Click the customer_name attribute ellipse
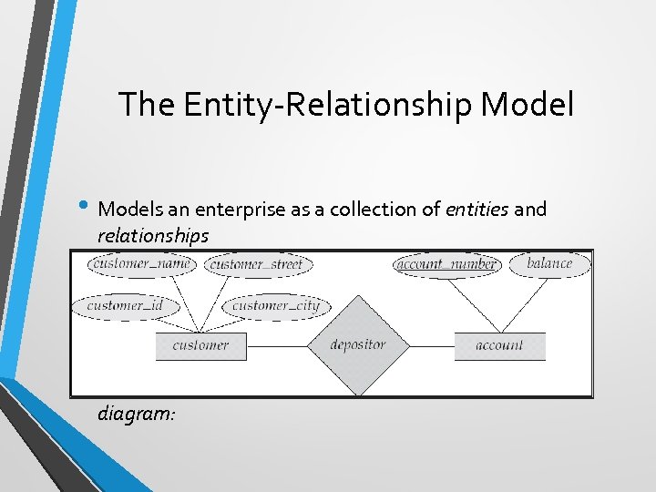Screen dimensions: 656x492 (x=140, y=264)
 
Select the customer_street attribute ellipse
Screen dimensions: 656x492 (x=259, y=265)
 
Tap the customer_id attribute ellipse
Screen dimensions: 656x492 (x=125, y=305)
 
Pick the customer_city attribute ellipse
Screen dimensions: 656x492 (x=276, y=305)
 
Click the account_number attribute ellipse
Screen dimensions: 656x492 (x=446, y=265)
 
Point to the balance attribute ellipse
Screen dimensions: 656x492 (x=549, y=264)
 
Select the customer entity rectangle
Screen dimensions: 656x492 (x=200, y=346)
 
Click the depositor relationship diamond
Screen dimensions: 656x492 (x=357, y=345)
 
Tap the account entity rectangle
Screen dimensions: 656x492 (x=499, y=346)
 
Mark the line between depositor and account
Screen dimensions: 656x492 (x=430, y=346)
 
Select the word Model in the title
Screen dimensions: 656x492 (x=528, y=105)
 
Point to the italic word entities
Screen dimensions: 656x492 (x=477, y=210)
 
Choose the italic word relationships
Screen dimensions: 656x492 (x=153, y=235)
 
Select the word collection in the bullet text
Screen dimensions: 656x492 (x=366, y=210)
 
